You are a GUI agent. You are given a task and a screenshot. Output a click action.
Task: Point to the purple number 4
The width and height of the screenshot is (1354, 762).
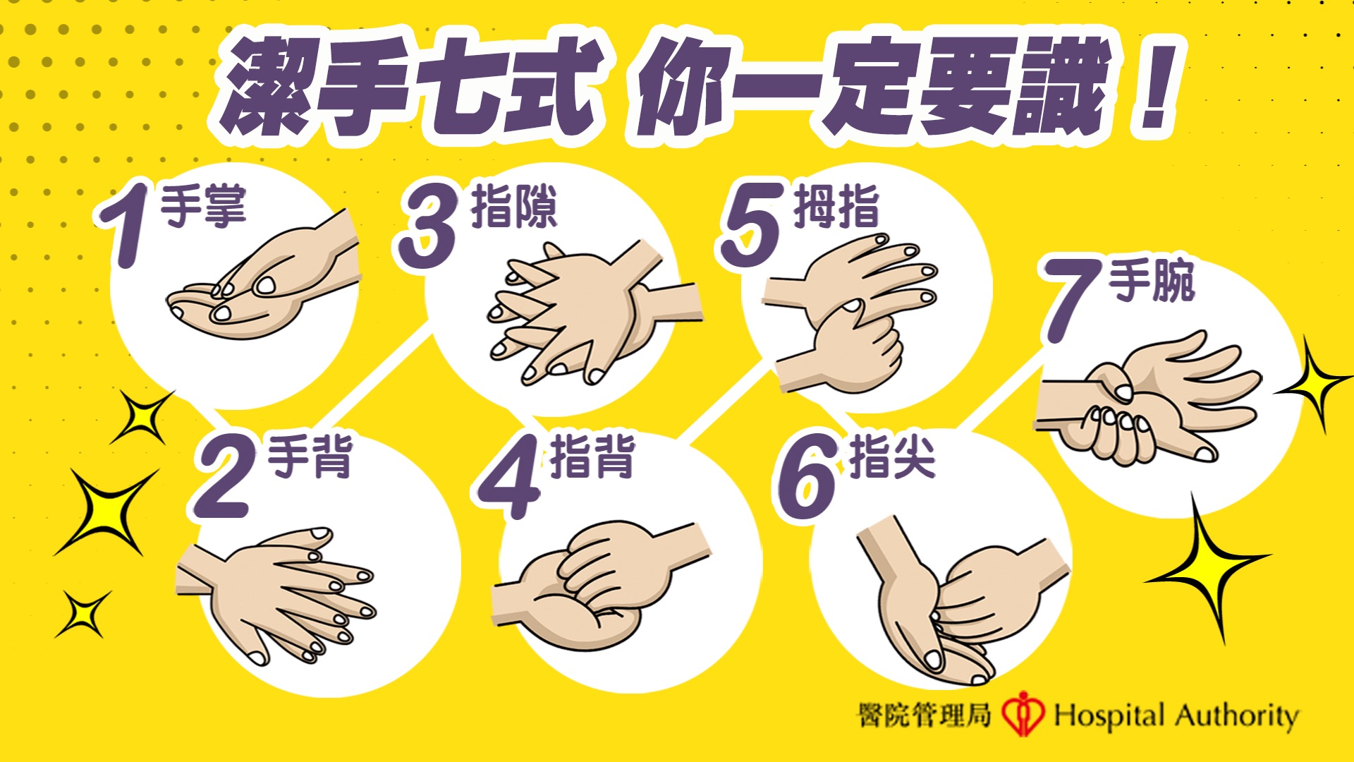tap(509, 477)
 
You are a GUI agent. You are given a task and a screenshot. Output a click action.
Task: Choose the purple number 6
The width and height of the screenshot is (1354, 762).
tap(808, 477)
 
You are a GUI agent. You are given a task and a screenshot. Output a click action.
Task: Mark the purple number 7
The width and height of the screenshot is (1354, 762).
tap(1072, 301)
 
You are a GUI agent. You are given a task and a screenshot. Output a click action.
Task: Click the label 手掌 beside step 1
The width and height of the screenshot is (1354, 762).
tap(204, 206)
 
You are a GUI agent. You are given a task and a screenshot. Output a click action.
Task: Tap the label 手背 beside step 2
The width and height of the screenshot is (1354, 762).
tap(310, 456)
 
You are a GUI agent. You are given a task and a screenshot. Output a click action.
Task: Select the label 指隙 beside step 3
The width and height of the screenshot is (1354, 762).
tap(514, 206)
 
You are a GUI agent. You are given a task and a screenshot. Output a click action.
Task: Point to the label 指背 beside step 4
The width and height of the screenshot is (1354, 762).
tap(592, 456)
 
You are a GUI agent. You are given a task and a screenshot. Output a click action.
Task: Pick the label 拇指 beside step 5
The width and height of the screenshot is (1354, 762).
tap(836, 206)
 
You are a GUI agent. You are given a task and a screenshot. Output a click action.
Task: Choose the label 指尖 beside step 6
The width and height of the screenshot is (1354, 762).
tap(893, 456)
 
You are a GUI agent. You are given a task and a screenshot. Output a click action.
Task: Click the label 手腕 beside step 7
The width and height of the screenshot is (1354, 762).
tap(1152, 281)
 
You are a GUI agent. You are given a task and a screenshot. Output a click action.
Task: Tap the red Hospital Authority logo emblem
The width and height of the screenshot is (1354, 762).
tap(1023, 713)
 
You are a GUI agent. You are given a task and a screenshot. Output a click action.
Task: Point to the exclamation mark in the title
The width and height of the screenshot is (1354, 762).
tap(1155, 86)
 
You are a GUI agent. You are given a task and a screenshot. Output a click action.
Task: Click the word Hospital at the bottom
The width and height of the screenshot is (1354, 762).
tap(1109, 715)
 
